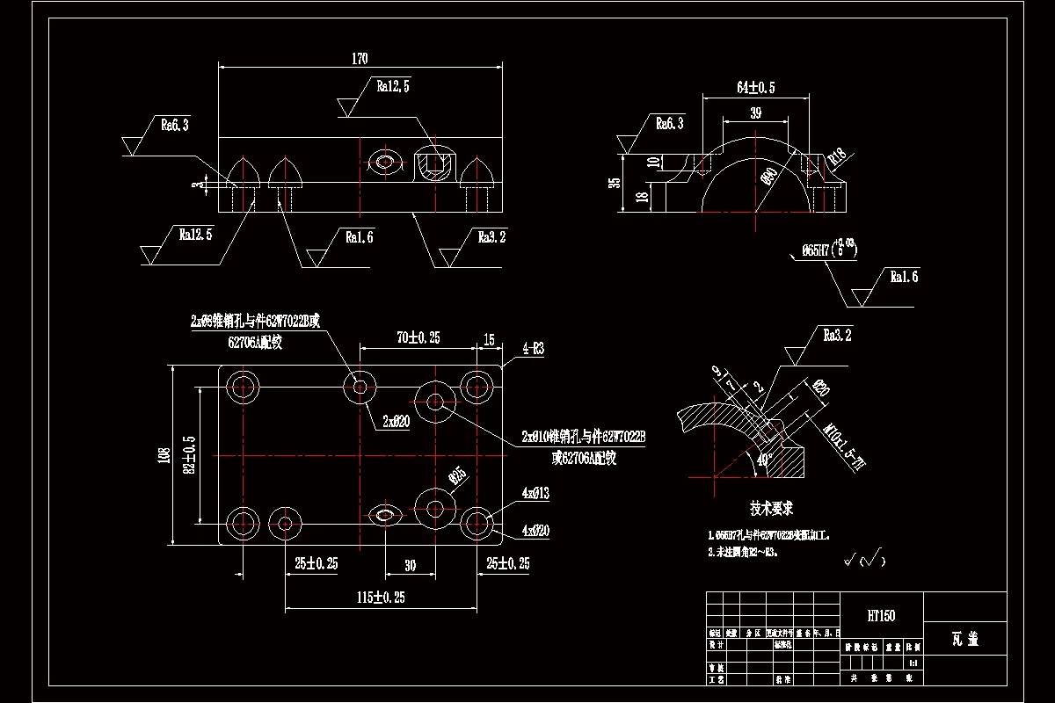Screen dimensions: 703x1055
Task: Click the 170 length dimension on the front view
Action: click(360, 59)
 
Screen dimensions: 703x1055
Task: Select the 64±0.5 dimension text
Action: click(755, 88)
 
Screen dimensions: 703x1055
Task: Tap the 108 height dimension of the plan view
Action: click(164, 455)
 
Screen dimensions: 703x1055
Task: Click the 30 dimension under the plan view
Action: click(410, 566)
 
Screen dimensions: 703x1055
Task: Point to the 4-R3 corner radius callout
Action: click(533, 349)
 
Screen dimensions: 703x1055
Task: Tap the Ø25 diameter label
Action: click(457, 476)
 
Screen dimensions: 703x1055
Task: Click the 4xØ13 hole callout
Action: click(535, 494)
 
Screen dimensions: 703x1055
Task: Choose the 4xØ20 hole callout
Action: click(535, 531)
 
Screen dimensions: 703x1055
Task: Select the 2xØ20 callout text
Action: click(396, 421)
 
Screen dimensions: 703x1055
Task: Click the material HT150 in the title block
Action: click(880, 616)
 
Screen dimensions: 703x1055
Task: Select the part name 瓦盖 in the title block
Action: click(964, 639)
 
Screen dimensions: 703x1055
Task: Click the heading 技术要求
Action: click(771, 508)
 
